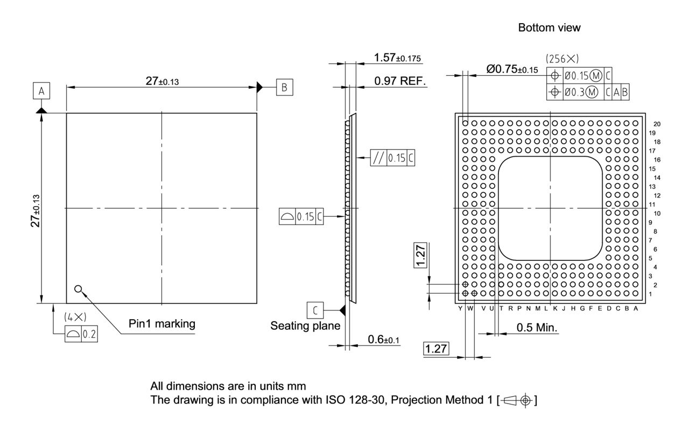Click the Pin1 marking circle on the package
[79, 289]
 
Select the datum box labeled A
[41, 91]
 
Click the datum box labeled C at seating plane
[315, 310]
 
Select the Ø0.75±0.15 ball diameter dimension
[512, 69]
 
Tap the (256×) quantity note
[562, 58]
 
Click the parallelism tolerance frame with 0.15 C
[393, 158]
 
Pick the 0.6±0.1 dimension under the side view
[384, 340]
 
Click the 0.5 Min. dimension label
[537, 328]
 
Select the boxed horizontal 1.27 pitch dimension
[436, 349]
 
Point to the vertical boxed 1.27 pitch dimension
[421, 254]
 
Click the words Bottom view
[549, 27]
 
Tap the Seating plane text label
[305, 326]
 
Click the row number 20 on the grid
[657, 124]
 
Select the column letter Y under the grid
[460, 308]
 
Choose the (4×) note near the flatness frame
[75, 317]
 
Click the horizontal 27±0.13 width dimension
[162, 81]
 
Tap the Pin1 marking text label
[161, 324]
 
